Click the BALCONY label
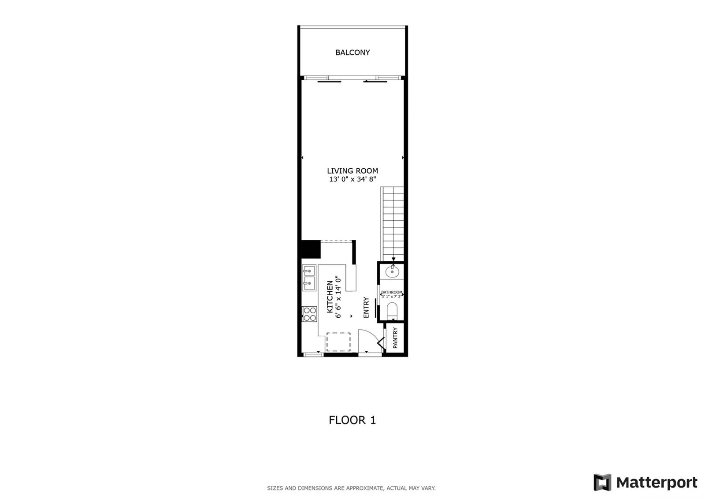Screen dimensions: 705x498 click(x=352, y=52)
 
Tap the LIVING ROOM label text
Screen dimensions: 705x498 click(x=352, y=171)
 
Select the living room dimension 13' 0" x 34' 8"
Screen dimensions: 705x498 click(x=352, y=179)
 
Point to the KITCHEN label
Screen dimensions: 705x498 click(x=330, y=297)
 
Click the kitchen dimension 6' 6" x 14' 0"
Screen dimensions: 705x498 click(x=338, y=297)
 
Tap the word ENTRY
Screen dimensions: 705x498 click(x=366, y=307)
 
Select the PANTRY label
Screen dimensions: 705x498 click(x=395, y=338)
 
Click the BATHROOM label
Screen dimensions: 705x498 click(x=392, y=293)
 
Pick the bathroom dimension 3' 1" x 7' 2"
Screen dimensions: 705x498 click(x=392, y=297)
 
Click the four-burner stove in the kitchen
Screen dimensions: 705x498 click(x=309, y=314)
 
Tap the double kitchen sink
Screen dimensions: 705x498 click(x=309, y=278)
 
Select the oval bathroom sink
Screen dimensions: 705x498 click(x=392, y=271)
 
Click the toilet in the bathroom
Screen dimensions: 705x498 click(x=392, y=310)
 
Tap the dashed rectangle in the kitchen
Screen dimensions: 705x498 click(x=338, y=342)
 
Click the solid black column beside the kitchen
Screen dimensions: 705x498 click(x=311, y=249)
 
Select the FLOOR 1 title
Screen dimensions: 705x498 click(x=352, y=420)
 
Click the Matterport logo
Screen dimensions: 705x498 click(x=645, y=483)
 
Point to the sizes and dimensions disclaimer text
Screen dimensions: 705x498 click(x=351, y=488)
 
